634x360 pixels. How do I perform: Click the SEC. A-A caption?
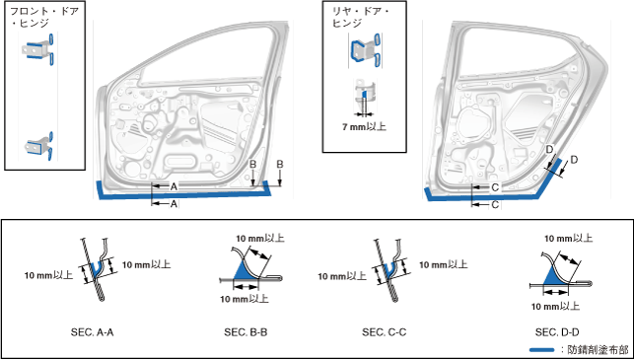92,332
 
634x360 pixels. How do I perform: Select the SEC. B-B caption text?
246,332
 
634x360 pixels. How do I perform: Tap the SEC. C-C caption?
385,332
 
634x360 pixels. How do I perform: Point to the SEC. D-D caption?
557,332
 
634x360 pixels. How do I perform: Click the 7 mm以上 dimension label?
364,127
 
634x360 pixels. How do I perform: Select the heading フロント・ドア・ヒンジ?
44,17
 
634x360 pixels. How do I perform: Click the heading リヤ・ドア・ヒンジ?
360,17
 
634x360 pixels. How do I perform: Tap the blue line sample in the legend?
542,349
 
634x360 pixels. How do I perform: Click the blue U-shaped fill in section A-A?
97,268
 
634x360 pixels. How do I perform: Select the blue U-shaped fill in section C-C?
388,270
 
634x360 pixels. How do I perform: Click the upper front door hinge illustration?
38,49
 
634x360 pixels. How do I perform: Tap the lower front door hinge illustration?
38,146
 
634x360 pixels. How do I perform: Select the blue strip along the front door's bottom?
184,193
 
